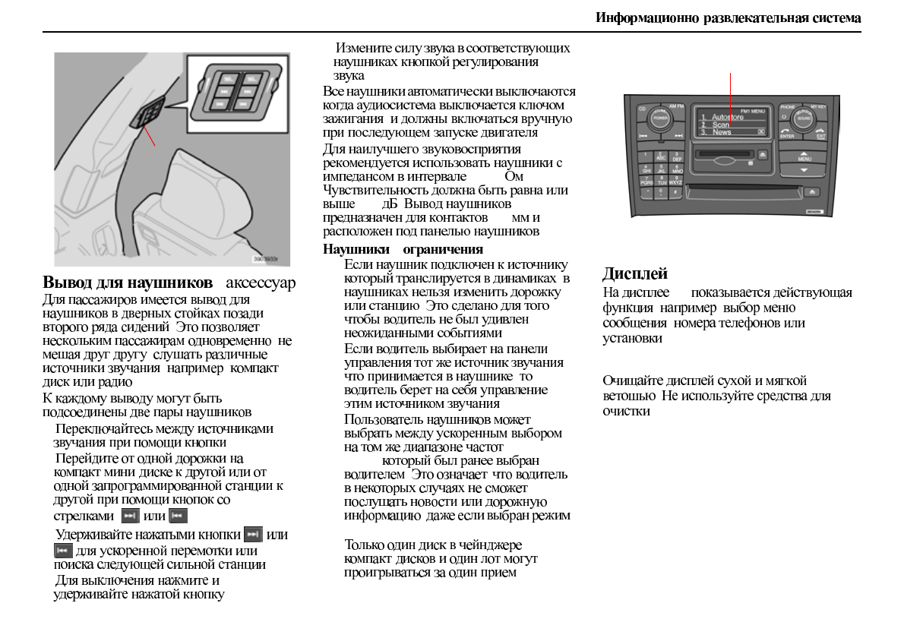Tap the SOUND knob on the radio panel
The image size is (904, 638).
801,120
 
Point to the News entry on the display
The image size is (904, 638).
721,132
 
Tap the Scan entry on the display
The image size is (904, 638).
720,125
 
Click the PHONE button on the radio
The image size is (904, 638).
787,107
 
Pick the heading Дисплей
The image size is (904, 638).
634,274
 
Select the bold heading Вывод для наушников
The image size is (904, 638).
127,284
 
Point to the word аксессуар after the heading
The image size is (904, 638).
261,284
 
